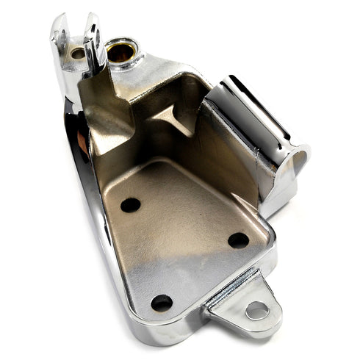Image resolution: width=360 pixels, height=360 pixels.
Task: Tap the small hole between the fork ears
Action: coord(78,53)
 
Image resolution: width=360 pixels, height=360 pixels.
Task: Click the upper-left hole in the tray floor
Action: coord(130,205)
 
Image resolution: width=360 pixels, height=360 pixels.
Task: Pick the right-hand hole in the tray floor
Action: coord(238,240)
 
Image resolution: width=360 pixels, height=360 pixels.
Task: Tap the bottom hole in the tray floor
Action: coord(162,302)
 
